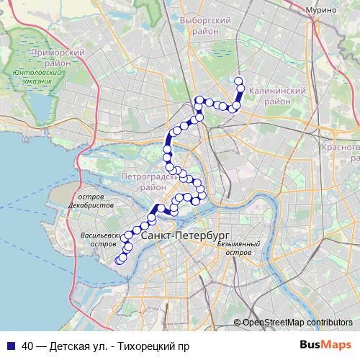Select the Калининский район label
point(276,96)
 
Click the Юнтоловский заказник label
point(32,77)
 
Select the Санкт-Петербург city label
point(185,235)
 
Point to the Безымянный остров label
point(238,249)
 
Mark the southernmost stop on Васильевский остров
point(120,261)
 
